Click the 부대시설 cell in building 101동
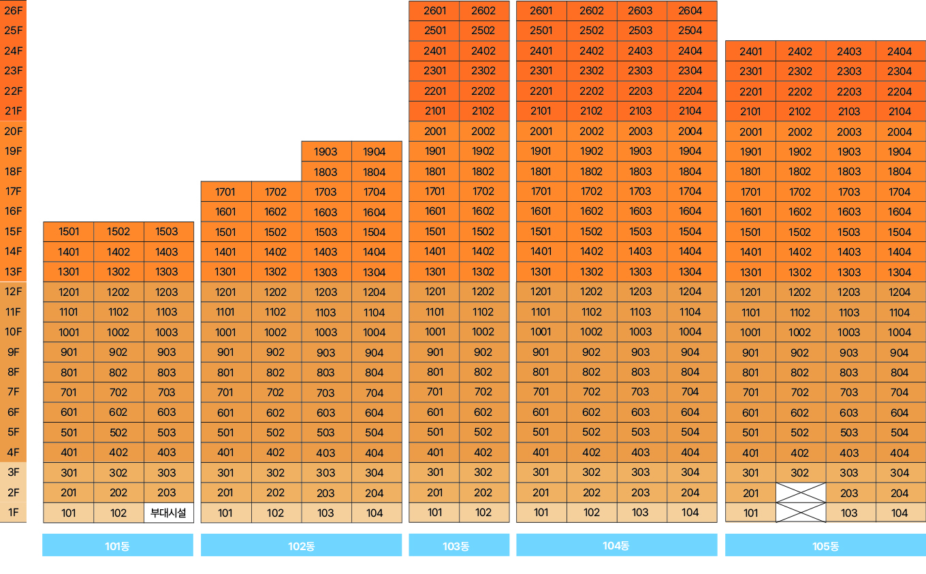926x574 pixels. pos(168,513)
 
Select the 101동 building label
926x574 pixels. pos(118,545)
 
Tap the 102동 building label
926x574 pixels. pos(301,545)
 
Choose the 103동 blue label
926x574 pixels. pos(459,545)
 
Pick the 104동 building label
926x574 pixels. pos(616,545)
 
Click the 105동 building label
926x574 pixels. pos(825,545)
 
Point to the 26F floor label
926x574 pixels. pos(14,10)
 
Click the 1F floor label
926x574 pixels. pos(14,512)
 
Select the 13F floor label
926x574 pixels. pos(14,271)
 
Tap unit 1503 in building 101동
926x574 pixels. pos(168,232)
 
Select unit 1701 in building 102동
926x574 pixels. pos(226,192)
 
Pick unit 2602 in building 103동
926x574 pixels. pos(484,10)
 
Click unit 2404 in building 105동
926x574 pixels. pos(900,51)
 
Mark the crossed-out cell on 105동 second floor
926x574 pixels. pos(801,493)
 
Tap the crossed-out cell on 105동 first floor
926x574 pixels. pos(801,513)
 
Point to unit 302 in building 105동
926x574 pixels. pos(801,472)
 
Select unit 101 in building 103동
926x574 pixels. pos(434,512)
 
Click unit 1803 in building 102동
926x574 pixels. pos(326,172)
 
